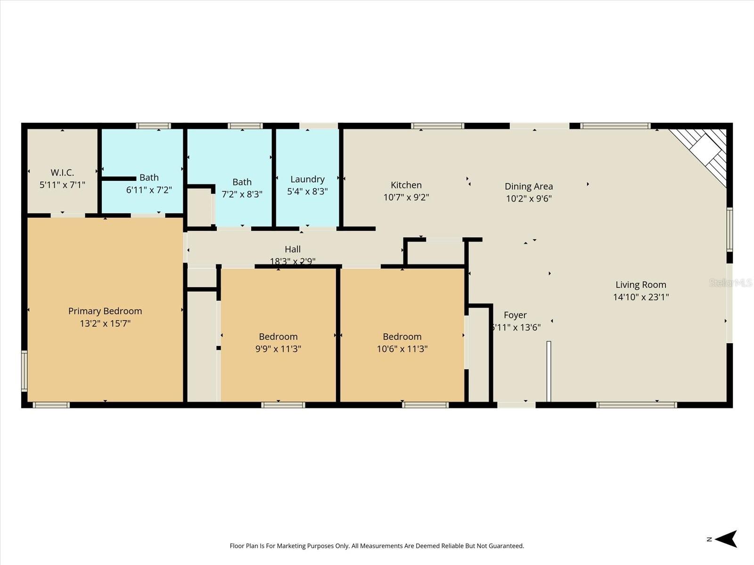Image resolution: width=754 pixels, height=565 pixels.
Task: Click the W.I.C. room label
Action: (62, 173)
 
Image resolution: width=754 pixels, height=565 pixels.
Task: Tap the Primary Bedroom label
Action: (105, 311)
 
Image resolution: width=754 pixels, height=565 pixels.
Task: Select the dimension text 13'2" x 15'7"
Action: (105, 323)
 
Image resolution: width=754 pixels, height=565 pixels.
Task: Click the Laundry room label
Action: (307, 179)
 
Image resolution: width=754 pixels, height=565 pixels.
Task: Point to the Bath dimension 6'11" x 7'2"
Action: (149, 190)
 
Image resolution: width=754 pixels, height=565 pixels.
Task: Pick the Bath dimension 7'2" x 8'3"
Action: (242, 194)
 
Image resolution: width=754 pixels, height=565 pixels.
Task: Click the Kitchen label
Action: (406, 185)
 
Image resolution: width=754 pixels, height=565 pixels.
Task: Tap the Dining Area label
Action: (528, 186)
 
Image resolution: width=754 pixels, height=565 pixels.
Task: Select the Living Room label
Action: (640, 285)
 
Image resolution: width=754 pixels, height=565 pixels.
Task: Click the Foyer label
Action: (515, 315)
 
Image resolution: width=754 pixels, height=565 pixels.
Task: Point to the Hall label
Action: (292, 250)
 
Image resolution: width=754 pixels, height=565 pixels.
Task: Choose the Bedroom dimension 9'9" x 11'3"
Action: (278, 349)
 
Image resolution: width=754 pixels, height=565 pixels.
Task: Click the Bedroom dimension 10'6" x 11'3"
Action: (402, 349)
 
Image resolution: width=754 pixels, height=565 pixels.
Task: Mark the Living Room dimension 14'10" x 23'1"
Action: (640, 297)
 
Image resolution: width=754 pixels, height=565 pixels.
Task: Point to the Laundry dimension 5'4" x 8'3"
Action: (307, 192)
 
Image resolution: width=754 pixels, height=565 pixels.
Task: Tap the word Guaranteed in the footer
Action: (507, 546)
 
